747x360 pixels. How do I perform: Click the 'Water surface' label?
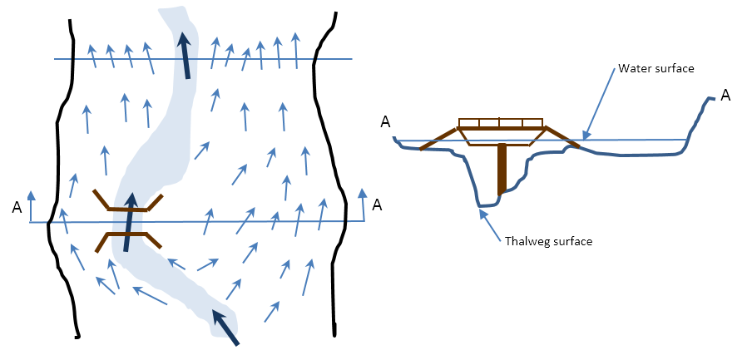click(x=655, y=68)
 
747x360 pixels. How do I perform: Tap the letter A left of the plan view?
click(x=17, y=208)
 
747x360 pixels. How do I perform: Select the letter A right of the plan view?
click(x=378, y=205)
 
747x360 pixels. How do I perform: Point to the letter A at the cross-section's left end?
click(x=385, y=122)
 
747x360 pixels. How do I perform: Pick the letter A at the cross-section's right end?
click(x=725, y=96)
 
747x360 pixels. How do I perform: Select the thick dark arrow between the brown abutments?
click(x=128, y=222)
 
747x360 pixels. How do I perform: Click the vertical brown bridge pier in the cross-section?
click(x=502, y=169)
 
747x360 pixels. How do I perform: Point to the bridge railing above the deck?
click(x=501, y=122)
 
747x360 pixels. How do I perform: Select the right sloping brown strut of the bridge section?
click(x=561, y=138)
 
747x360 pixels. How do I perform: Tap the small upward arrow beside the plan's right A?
click(x=362, y=205)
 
